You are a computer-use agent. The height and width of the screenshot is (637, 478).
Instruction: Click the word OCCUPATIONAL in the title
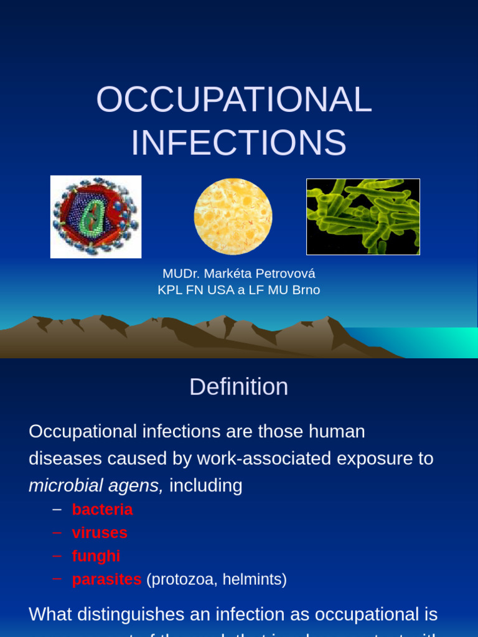click(x=234, y=100)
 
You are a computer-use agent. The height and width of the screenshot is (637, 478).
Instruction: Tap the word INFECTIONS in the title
click(x=238, y=142)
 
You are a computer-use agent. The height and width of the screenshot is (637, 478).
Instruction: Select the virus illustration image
click(x=96, y=216)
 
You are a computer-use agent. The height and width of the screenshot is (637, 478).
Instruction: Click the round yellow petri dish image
click(x=233, y=216)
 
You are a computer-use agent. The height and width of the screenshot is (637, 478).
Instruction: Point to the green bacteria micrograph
click(x=363, y=216)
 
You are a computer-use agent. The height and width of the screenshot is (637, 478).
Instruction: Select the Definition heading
click(x=238, y=387)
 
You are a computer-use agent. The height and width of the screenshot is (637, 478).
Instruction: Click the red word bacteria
click(x=102, y=509)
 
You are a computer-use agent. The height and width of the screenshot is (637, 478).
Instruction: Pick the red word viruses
click(x=100, y=532)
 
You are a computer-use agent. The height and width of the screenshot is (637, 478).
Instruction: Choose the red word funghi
click(x=96, y=556)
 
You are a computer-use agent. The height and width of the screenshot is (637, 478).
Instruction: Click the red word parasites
click(x=106, y=579)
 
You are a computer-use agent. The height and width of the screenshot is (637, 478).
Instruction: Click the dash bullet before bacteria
click(x=57, y=509)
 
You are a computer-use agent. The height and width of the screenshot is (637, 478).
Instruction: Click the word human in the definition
click(x=337, y=431)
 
